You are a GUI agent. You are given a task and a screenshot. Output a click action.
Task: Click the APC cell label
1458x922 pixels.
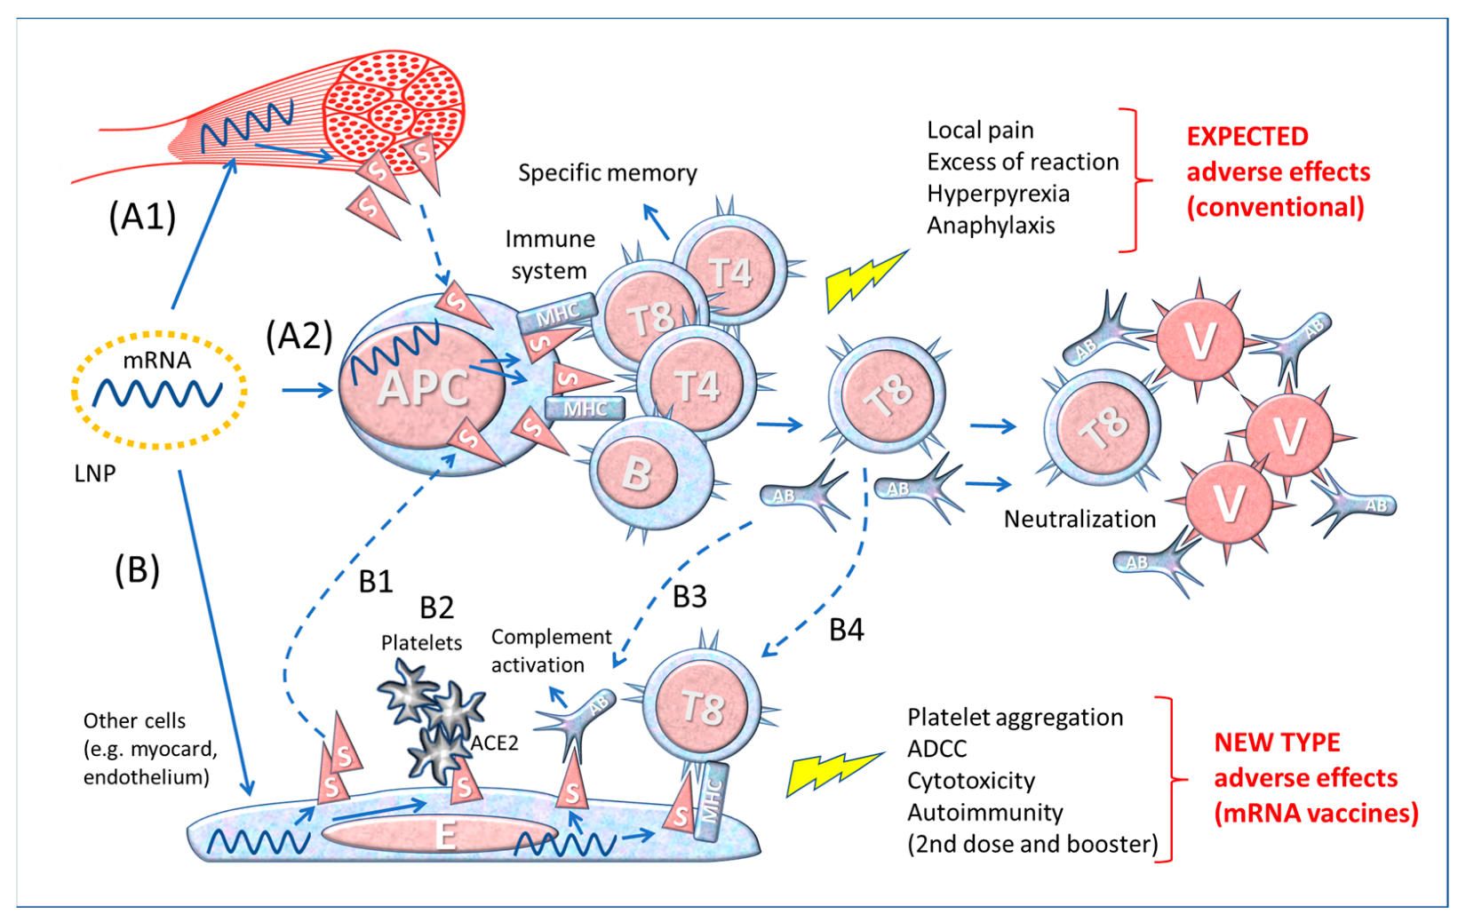click(423, 388)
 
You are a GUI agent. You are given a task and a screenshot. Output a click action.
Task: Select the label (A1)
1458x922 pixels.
click(142, 216)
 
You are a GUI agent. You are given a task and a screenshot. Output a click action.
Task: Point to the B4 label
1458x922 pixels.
click(846, 630)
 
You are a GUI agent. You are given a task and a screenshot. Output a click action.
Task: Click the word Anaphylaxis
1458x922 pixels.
click(991, 226)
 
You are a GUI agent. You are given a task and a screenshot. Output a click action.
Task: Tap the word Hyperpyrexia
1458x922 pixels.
click(998, 194)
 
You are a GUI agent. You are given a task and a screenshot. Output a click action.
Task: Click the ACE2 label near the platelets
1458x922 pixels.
click(495, 743)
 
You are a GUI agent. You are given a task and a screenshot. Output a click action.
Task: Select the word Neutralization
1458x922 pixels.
click(1080, 519)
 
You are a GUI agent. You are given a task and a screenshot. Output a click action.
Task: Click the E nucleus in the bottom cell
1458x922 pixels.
click(443, 834)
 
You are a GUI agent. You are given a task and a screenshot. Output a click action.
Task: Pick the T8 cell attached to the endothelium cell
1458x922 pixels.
click(702, 708)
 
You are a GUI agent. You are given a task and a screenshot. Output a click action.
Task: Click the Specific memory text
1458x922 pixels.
click(608, 172)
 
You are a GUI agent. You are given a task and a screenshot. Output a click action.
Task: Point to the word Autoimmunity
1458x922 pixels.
click(984, 812)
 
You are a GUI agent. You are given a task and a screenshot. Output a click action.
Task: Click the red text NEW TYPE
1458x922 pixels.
click(1277, 743)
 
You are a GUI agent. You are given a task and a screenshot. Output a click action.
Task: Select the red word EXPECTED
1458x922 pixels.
click(1247, 137)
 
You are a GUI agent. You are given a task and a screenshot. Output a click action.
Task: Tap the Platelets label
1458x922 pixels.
click(421, 642)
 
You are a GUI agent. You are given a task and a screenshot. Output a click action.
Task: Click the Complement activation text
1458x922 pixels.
click(550, 650)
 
